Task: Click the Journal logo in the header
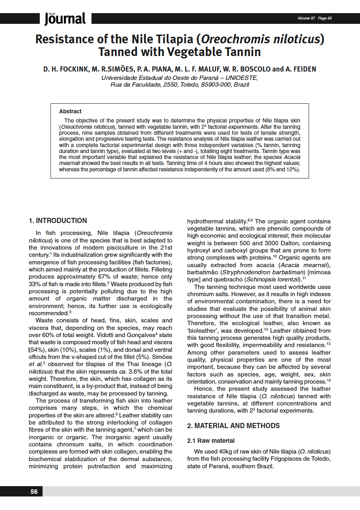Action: tap(65, 18)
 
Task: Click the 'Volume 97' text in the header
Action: tap(306, 18)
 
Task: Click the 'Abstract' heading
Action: tap(70, 111)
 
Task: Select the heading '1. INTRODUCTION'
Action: tap(58, 221)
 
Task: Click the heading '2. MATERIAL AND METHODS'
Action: tap(234, 426)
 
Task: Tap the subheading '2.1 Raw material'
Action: tap(211, 441)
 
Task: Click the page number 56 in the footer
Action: tap(34, 492)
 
